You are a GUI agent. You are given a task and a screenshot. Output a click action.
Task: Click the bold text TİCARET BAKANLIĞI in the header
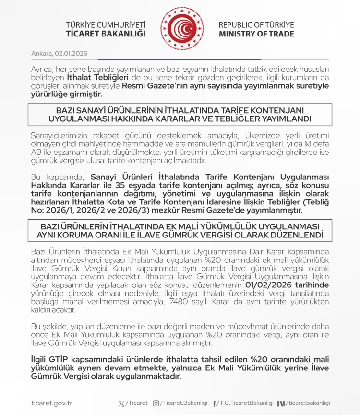[106, 34]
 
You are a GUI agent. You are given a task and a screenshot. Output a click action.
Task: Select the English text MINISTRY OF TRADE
[256, 34]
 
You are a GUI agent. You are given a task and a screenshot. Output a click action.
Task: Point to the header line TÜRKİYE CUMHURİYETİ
[106, 25]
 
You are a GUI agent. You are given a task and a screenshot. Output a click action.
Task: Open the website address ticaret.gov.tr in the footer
[51, 403]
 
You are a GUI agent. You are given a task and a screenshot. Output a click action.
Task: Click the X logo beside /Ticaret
[120, 403]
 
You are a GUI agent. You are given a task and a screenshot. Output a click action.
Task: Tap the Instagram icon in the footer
[156, 403]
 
